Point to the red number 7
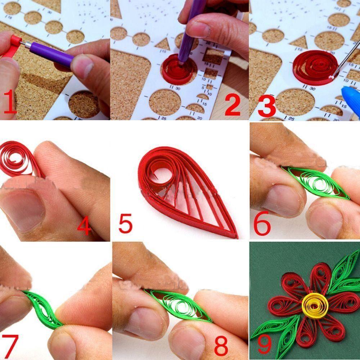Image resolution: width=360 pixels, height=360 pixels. [10, 346]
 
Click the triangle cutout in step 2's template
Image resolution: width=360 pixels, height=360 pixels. [163, 44]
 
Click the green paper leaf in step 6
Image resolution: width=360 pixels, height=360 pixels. [317, 183]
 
